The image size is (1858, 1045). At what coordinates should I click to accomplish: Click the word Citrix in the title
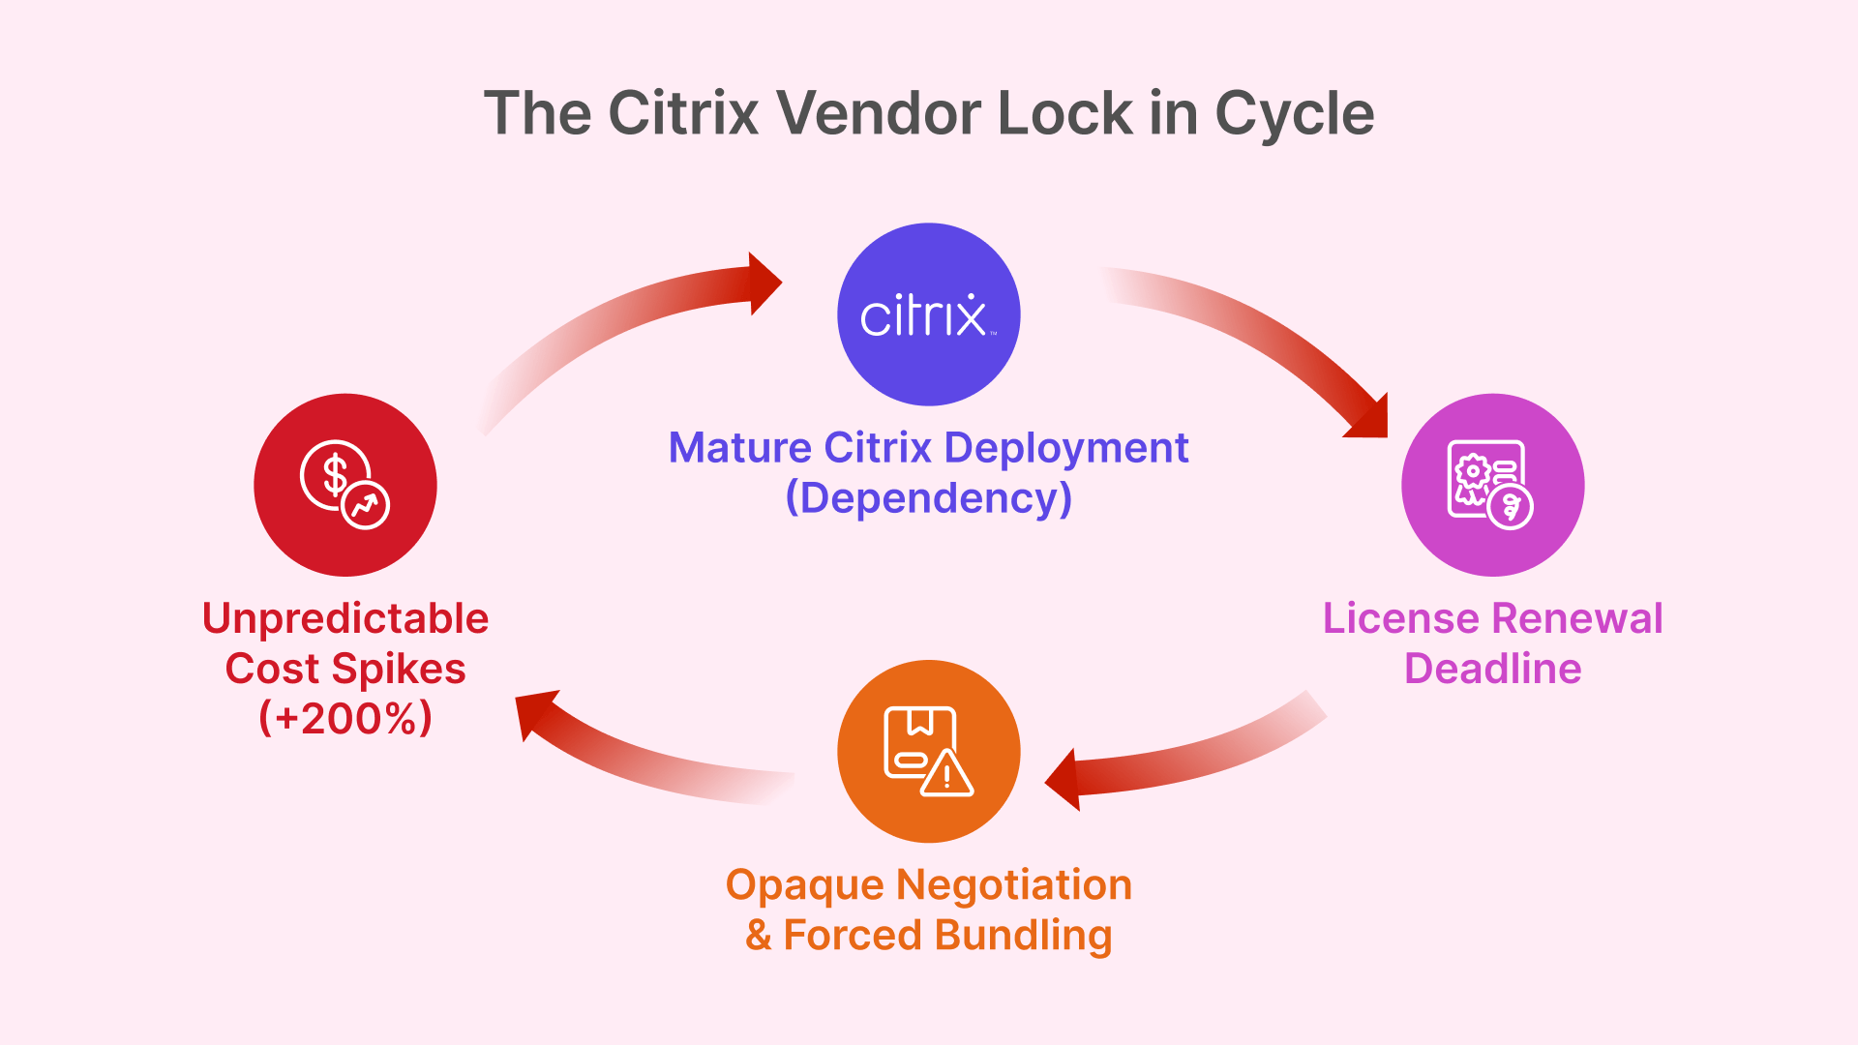(x=683, y=113)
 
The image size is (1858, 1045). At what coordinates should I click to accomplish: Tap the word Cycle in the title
(x=1294, y=113)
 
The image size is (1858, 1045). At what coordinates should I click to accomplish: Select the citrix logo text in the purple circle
(x=923, y=315)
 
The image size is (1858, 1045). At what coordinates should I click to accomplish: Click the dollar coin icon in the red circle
(x=335, y=475)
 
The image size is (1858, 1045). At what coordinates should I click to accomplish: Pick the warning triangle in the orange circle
(x=946, y=774)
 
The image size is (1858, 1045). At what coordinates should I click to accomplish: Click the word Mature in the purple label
(x=740, y=448)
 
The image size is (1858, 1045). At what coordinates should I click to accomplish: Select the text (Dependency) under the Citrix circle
(x=929, y=498)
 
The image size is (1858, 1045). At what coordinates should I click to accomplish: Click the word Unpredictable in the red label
(x=345, y=618)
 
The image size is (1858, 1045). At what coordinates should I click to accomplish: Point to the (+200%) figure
(x=345, y=718)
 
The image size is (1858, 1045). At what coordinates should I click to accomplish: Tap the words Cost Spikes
(x=345, y=669)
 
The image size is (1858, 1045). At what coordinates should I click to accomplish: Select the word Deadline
(x=1492, y=669)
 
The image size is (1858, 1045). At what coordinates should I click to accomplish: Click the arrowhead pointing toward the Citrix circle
(x=764, y=284)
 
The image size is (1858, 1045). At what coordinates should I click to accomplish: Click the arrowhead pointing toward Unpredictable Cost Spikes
(x=534, y=711)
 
